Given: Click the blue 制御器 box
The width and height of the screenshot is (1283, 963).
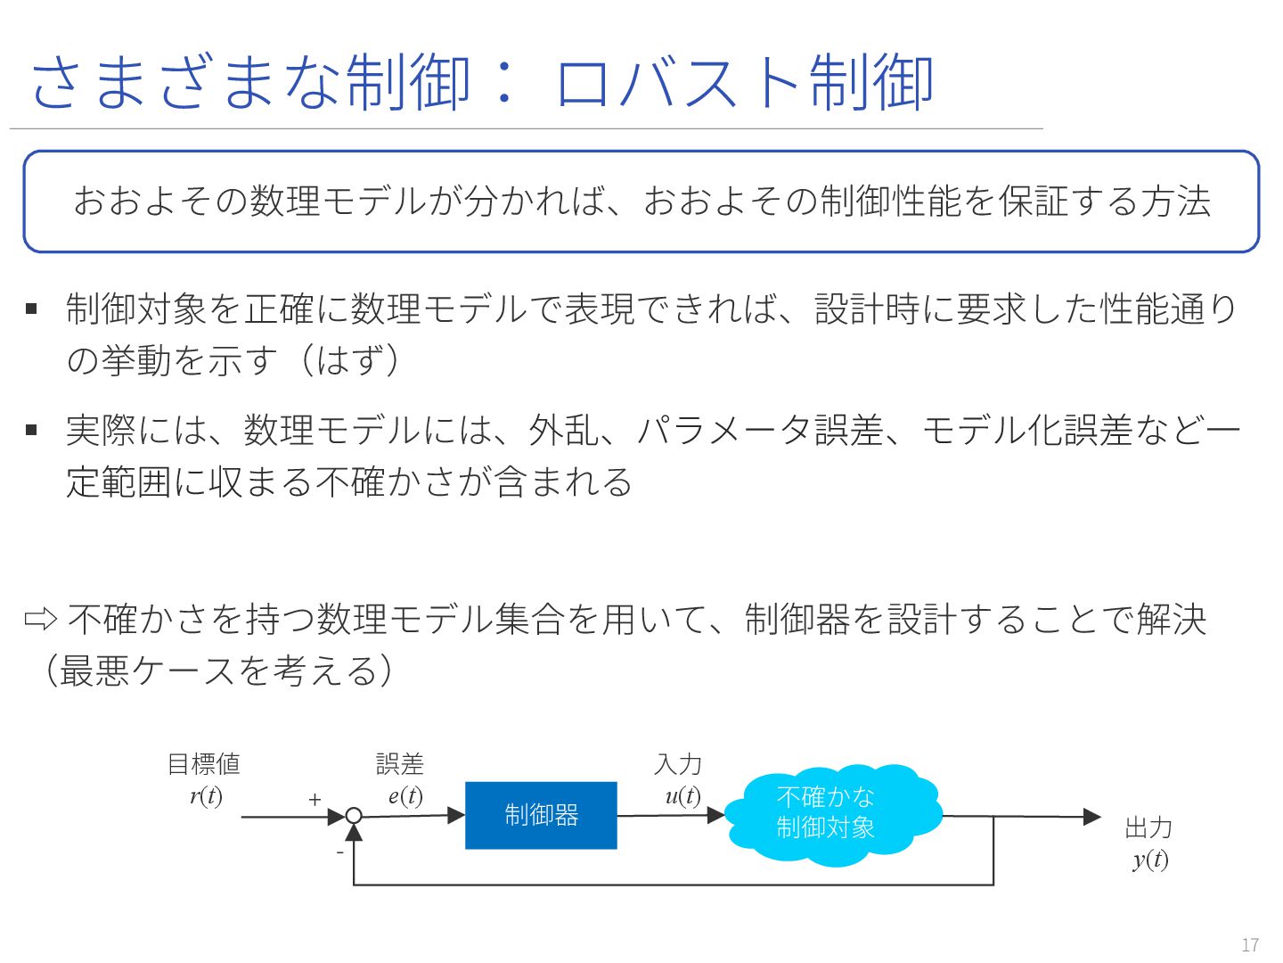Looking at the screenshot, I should click(541, 815).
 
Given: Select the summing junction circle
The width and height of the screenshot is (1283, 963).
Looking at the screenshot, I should click(354, 815).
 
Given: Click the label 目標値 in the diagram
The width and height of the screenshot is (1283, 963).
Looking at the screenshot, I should click(204, 764).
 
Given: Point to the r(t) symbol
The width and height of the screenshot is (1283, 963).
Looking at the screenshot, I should click(206, 795).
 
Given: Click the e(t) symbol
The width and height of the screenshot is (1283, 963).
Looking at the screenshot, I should click(405, 795).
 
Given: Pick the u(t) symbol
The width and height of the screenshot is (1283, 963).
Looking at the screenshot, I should click(682, 795).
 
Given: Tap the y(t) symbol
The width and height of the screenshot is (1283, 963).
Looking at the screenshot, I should click(1150, 859).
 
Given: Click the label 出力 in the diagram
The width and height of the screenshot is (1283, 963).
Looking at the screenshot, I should click(1148, 827).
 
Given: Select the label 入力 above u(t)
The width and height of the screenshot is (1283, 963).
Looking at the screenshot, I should click(678, 764).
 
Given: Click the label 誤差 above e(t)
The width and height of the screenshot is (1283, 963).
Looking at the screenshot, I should click(400, 764).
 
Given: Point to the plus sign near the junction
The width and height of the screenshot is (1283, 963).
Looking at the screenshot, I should click(315, 800).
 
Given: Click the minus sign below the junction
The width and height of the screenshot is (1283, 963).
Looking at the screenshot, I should click(339, 852).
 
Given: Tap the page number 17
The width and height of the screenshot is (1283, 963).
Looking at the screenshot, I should click(1250, 945).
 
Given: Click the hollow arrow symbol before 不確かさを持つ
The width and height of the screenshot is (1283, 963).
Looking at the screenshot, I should click(41, 619).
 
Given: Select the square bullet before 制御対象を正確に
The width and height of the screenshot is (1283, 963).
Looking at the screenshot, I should click(32, 309).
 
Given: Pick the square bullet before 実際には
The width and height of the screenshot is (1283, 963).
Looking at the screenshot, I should click(32, 431).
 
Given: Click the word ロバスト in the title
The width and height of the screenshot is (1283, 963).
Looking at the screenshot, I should click(681, 83).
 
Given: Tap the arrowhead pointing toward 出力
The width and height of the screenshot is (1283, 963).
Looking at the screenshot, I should click(1091, 816).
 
